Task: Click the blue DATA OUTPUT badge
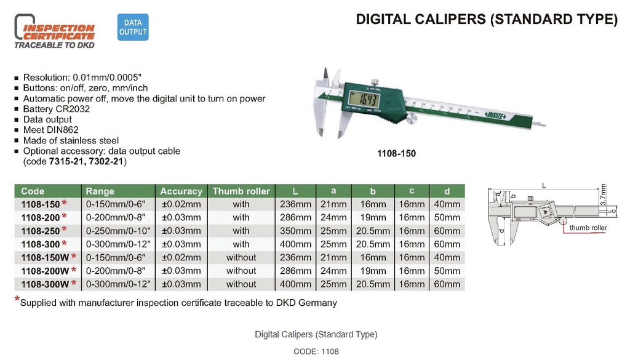[133, 28]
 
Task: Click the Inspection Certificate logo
[55, 33]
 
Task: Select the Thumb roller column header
[241, 191]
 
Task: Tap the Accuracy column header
[181, 191]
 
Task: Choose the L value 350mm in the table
[295, 231]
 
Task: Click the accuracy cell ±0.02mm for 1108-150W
[181, 258]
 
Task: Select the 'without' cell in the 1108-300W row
[241, 284]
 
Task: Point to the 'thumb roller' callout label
[588, 228]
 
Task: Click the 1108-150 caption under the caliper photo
[396, 154]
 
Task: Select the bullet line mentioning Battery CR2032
[55, 109]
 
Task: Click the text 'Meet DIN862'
[50, 130]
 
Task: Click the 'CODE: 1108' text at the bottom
[316, 351]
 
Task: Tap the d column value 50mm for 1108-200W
[447, 271]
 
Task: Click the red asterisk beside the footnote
[17, 300]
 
